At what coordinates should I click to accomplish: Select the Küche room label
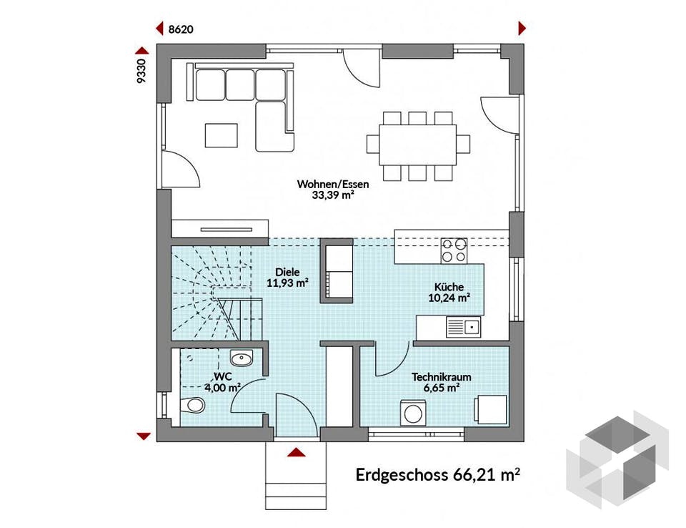pos(448,292)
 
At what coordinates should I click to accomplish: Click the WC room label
pos(222,381)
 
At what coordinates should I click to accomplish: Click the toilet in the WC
pos(191,405)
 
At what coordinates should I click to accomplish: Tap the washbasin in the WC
pos(242,359)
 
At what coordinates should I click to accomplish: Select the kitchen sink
pos(463,328)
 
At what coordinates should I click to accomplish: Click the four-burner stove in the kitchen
pos(453,250)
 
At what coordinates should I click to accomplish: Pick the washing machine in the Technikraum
pos(413,413)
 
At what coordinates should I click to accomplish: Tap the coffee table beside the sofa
pos(221,135)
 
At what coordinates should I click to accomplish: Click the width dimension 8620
pos(181,29)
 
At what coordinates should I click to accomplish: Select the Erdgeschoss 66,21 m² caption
pos(437,474)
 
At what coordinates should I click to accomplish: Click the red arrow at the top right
pos(522,29)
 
